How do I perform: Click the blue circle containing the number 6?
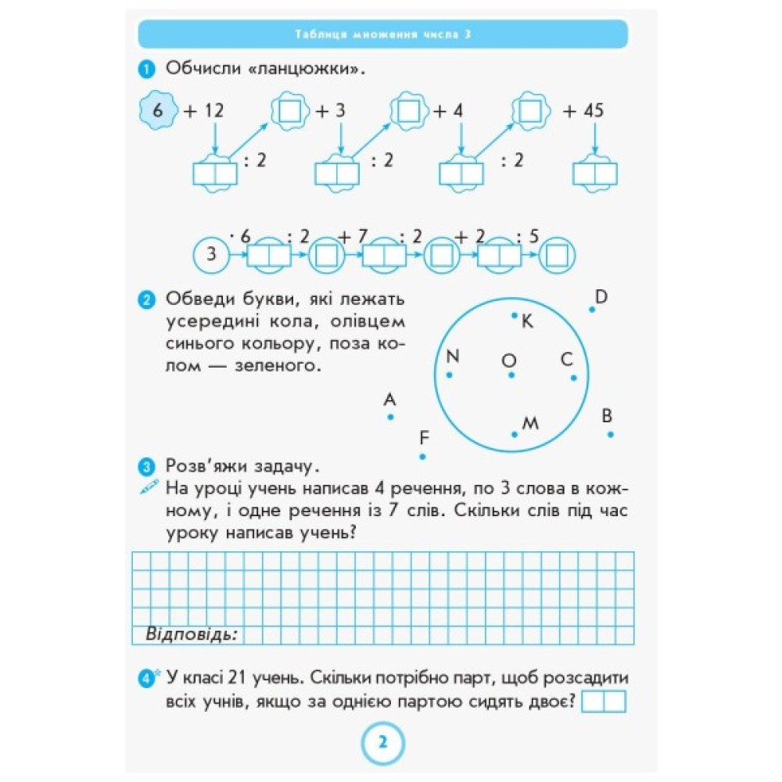[158, 111]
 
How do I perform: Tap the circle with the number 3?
[210, 255]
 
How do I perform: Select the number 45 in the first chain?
[593, 111]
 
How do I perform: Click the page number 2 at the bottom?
[382, 743]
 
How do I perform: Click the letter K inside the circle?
[526, 321]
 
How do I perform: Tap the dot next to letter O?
[511, 375]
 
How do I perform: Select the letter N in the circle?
[452, 357]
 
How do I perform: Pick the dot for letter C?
[573, 378]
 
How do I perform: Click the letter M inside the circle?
[530, 423]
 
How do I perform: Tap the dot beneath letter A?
[390, 418]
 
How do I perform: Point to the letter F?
[425, 437]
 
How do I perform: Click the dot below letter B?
[610, 434]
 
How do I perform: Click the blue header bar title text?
[382, 34]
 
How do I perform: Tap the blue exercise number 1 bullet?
[144, 71]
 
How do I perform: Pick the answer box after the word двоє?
[604, 701]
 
